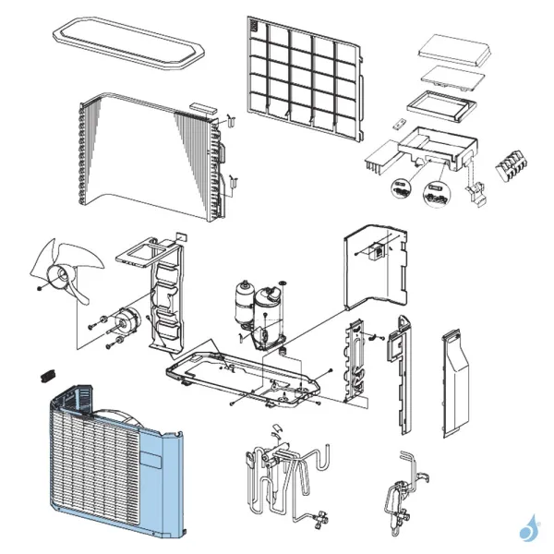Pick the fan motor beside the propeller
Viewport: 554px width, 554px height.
coord(124,323)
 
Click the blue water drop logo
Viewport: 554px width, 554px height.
coord(527,529)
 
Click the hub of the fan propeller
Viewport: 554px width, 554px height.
coord(64,275)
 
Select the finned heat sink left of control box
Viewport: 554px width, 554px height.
coord(379,158)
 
